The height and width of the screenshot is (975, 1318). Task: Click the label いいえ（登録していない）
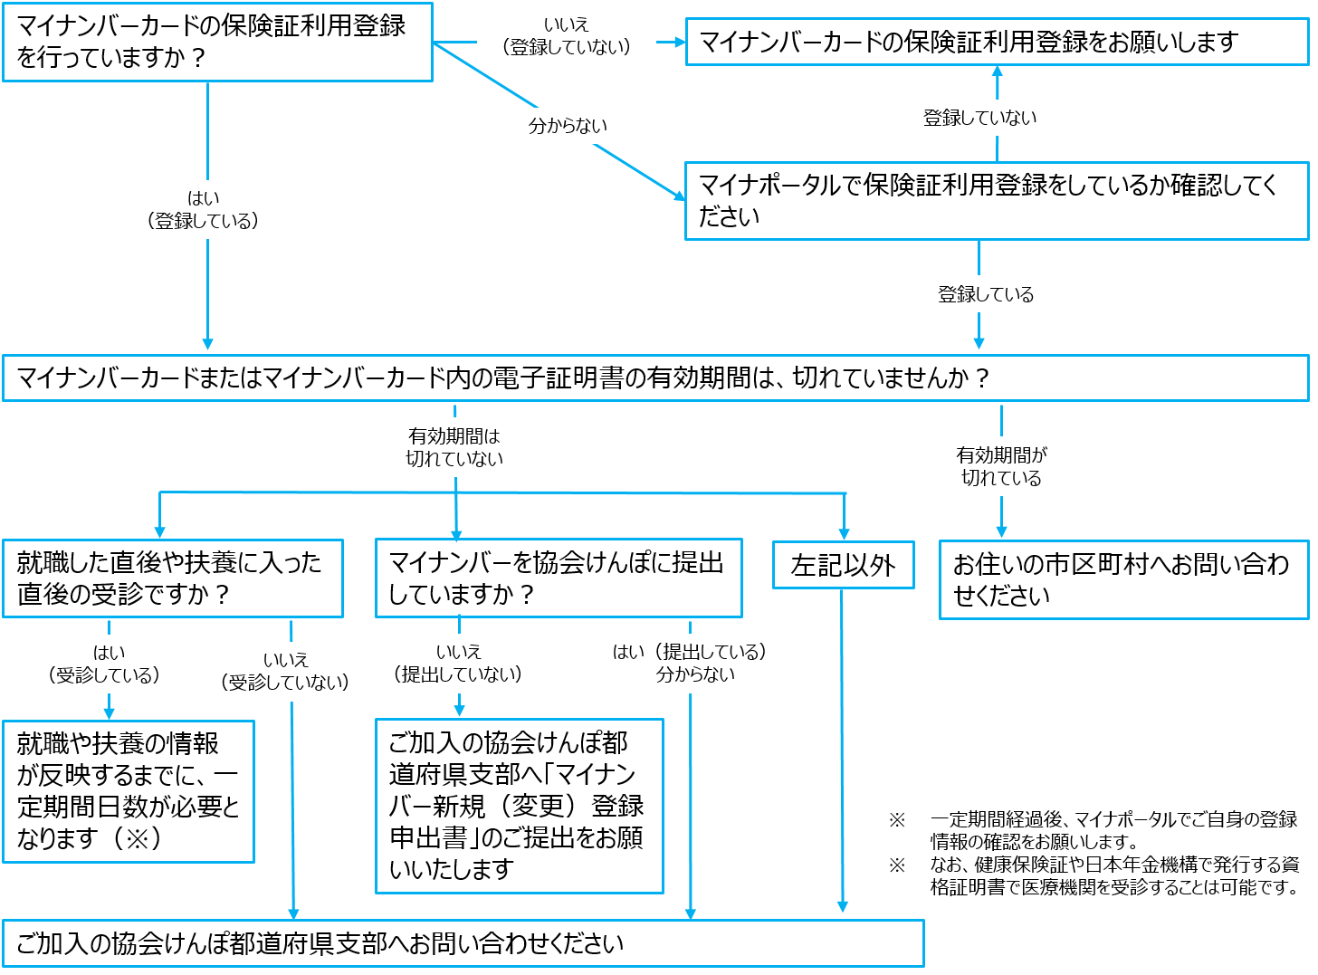point(567,36)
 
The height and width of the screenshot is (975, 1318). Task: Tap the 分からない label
point(567,126)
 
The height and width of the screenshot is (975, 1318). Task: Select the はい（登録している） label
point(203,209)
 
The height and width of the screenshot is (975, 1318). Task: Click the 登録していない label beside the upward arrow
point(979,118)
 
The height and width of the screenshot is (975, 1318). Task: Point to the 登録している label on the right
point(986,294)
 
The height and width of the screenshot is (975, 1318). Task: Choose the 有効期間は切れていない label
point(454,447)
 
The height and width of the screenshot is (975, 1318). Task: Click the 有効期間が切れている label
point(1001,466)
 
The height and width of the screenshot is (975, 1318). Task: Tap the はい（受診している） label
point(109,664)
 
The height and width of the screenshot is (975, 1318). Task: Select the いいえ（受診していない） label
point(285,672)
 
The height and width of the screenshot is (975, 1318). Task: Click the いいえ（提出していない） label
point(459,664)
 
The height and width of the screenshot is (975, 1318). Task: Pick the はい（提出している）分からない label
point(694,664)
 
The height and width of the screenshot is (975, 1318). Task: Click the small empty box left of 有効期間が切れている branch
point(843,565)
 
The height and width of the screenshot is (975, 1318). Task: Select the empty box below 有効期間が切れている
point(1123,579)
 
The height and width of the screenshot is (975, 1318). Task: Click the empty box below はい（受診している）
point(129,791)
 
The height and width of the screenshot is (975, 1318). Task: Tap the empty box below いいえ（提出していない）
point(520,806)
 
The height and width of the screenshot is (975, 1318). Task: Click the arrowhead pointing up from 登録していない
point(998,72)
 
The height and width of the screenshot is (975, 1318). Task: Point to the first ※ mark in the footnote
point(897,820)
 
